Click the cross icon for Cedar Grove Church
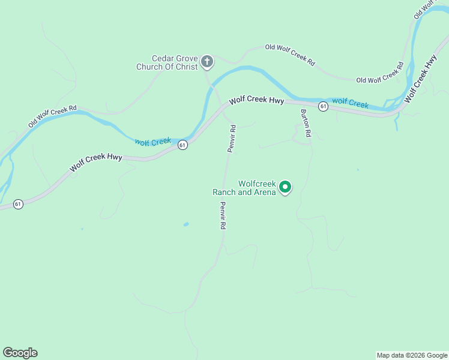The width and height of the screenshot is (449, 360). (x=206, y=61)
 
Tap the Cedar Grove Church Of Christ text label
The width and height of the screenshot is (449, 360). (x=167, y=62)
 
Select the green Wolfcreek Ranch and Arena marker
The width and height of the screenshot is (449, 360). (x=286, y=188)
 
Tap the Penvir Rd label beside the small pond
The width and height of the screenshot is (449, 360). (x=222, y=216)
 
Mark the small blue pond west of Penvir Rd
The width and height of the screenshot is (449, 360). (x=185, y=224)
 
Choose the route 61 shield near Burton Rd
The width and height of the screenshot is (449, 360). (x=323, y=106)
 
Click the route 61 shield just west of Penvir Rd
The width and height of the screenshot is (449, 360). (x=182, y=145)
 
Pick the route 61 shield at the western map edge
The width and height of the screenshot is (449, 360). (x=18, y=204)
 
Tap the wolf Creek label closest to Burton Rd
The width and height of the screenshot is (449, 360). (x=350, y=103)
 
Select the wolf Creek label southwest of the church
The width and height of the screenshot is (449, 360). (x=153, y=142)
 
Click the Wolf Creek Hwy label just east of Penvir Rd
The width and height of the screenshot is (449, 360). (x=256, y=100)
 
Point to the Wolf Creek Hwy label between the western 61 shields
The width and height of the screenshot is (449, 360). (x=96, y=163)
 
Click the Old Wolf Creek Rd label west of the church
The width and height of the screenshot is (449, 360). (x=53, y=116)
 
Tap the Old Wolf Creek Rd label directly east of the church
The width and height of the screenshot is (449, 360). (x=291, y=54)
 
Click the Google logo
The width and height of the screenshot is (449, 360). (x=20, y=353)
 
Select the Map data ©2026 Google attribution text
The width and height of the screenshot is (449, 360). (x=412, y=355)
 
